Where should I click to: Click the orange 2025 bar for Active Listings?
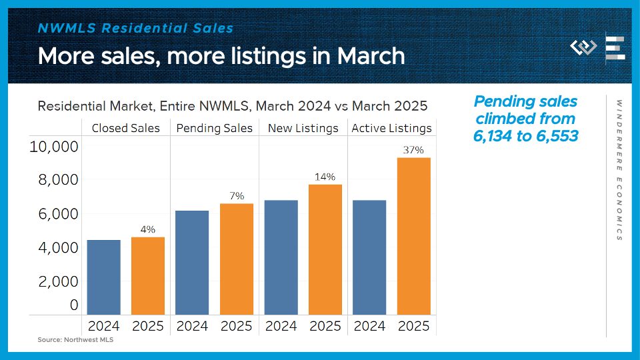(x=413, y=236)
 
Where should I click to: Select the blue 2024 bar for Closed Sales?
(x=103, y=277)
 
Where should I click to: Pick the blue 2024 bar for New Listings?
(x=281, y=257)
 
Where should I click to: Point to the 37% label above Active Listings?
(x=413, y=150)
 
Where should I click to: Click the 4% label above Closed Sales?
(x=147, y=229)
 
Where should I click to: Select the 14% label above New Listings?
(x=325, y=177)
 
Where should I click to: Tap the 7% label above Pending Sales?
(x=237, y=196)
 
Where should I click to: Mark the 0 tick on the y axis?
(x=74, y=305)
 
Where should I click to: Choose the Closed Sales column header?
(x=126, y=128)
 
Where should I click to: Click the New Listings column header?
(x=303, y=128)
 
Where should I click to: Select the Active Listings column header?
(x=391, y=128)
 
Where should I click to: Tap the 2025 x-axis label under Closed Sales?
(x=147, y=326)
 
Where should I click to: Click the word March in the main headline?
(x=371, y=55)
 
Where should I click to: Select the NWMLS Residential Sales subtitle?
(x=136, y=28)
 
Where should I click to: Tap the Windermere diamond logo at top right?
(x=583, y=48)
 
